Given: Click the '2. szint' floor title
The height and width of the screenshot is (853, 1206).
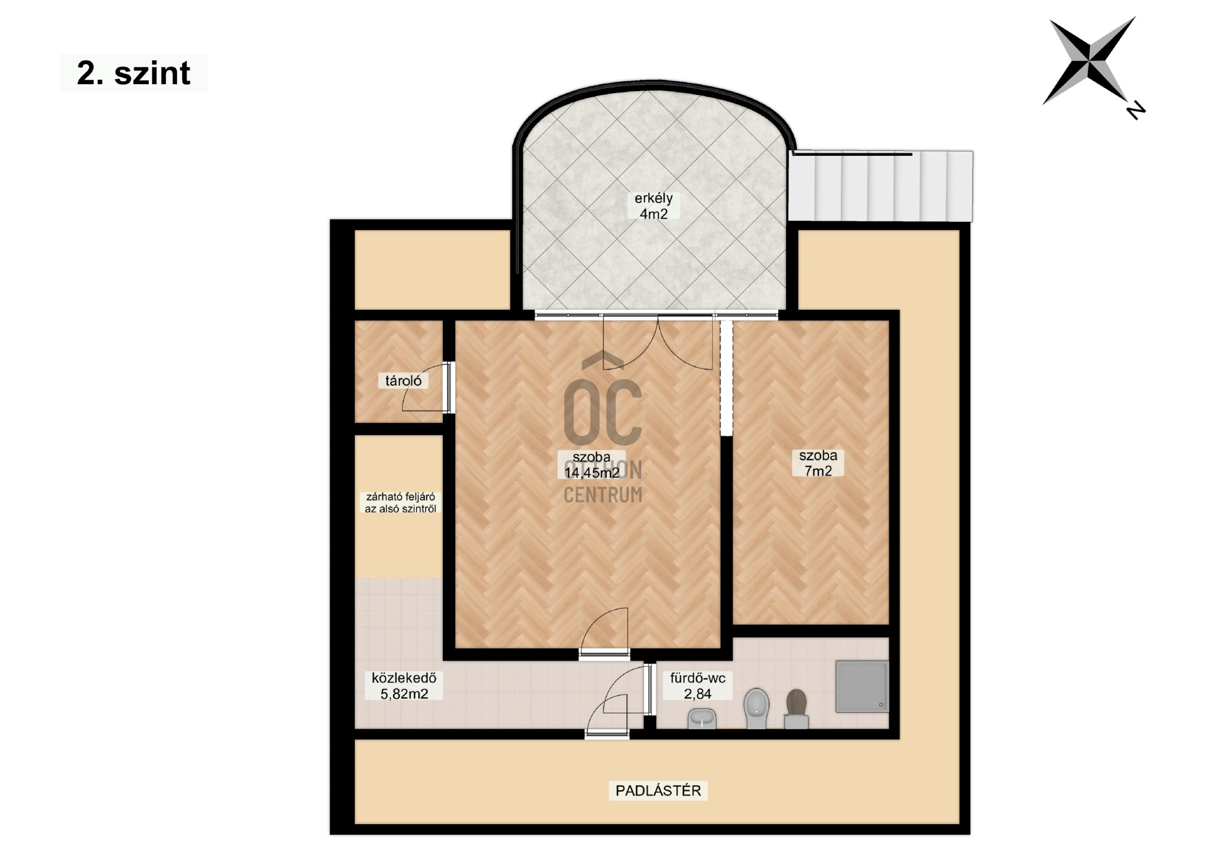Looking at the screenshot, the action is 133,73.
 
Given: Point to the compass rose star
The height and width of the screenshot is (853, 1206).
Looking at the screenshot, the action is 1090,60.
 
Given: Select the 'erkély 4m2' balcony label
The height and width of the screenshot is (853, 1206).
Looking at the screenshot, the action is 653,206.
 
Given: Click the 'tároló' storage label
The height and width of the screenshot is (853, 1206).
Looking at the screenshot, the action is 403,380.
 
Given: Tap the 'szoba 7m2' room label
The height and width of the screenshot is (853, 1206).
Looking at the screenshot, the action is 818,463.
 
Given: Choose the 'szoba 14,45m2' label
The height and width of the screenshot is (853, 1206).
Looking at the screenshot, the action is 592,465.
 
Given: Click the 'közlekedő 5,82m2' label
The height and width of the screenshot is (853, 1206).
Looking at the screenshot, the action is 404,686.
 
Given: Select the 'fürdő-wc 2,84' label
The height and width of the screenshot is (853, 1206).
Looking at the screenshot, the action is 698,686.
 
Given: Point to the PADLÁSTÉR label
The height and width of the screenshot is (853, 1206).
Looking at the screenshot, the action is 658,790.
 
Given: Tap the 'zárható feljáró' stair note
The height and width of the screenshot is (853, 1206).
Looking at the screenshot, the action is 401,497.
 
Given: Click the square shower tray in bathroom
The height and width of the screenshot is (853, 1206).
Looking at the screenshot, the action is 862,686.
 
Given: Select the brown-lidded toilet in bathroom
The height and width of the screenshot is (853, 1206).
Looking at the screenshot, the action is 796,709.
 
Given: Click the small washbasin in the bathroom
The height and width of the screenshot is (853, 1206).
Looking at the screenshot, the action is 702,718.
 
